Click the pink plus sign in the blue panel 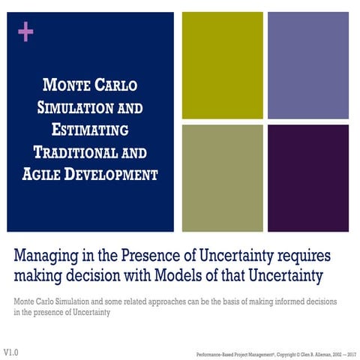click(26, 31)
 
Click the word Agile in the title click(40, 175)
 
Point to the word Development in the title click(112, 175)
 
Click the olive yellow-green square click(222, 65)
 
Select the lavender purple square click(307, 65)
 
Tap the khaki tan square click(222, 178)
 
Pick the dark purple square click(307, 178)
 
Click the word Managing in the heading click(47, 256)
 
